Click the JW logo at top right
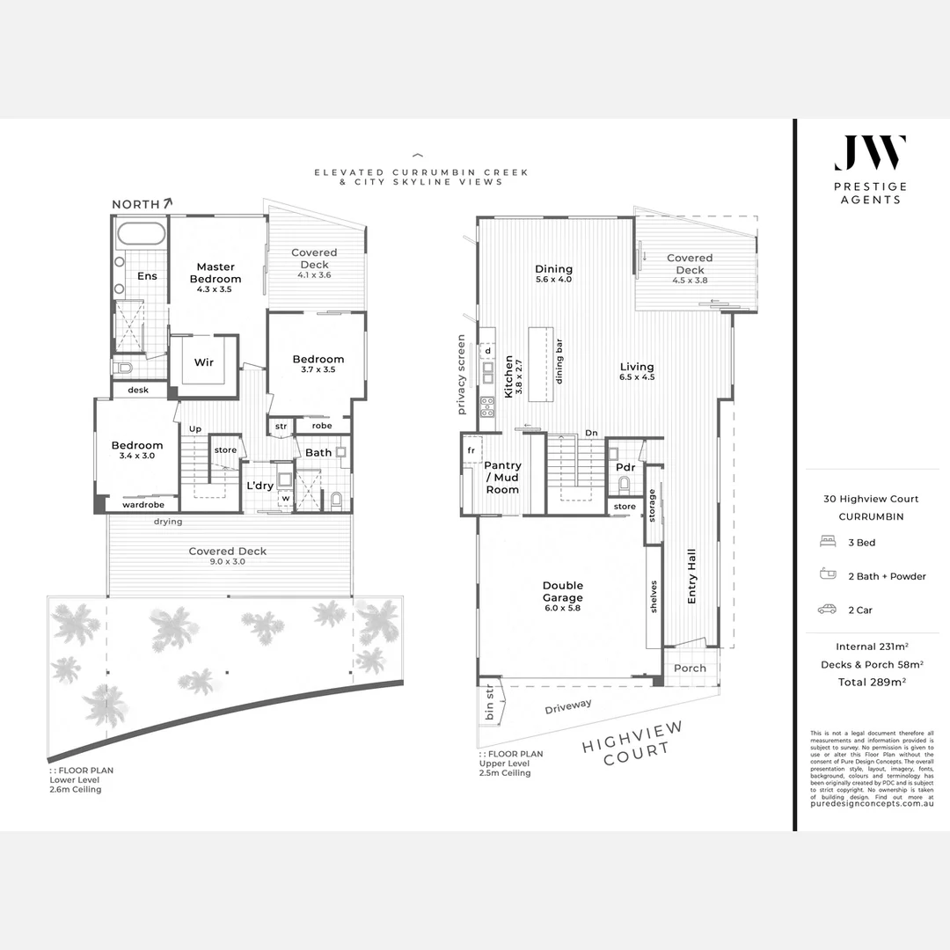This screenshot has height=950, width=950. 870,153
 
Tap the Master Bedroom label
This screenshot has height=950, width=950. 216,273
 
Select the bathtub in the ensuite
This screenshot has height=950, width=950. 141,235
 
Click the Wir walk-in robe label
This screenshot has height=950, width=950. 203,362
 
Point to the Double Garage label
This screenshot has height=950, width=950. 563,591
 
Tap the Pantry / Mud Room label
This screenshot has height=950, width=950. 503,478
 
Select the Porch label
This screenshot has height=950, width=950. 690,669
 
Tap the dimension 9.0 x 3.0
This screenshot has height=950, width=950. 228,562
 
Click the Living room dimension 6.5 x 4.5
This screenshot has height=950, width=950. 637,377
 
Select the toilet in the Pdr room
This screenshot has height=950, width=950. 625,484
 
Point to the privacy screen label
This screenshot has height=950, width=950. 461,374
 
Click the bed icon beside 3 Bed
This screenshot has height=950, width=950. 827,543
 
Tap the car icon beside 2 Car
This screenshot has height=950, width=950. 827,609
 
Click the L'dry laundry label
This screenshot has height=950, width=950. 259,486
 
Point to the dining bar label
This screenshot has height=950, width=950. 559,362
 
